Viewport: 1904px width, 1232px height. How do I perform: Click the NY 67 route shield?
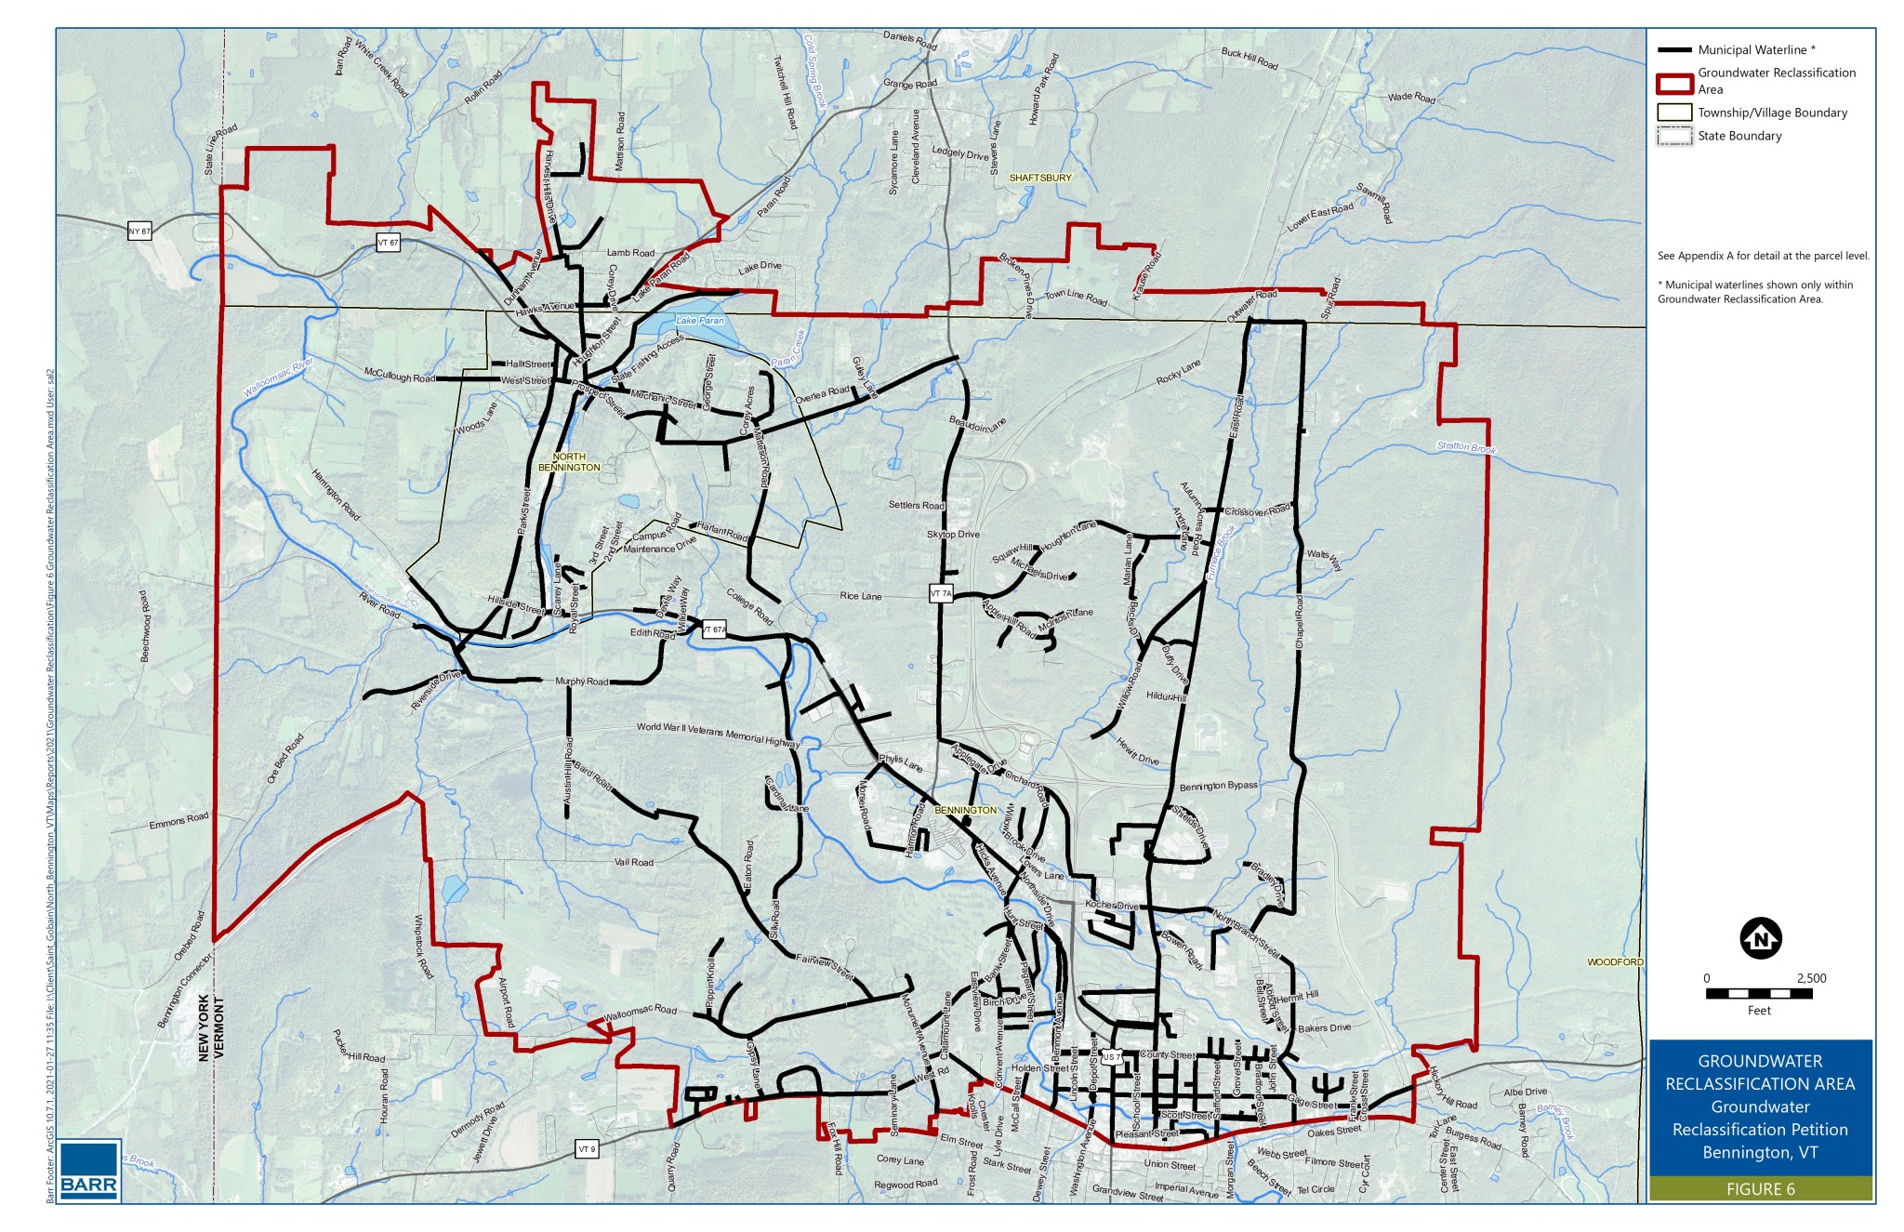pos(139,232)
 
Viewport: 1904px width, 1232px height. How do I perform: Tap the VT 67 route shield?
pos(388,243)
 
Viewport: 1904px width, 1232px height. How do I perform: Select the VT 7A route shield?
pos(941,593)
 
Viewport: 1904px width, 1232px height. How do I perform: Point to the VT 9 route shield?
pos(586,1148)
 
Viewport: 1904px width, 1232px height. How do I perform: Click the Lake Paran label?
pos(699,321)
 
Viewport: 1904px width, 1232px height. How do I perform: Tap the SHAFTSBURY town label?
pos(1040,178)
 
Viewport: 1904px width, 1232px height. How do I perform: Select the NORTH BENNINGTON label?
pos(569,462)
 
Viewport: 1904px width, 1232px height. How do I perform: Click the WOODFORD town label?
pos(1615,962)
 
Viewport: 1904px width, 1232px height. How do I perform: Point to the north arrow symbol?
pos(1760,938)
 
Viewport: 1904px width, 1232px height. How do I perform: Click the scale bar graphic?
pos(1758,994)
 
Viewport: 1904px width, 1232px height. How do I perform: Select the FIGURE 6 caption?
pos(1760,1189)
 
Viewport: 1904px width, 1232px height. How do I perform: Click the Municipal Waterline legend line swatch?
pos(1673,50)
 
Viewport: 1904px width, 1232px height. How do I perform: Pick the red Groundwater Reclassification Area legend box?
pos(1673,82)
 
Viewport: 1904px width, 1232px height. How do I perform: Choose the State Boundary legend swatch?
pos(1673,136)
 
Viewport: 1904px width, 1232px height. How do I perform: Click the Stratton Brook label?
pos(1466,447)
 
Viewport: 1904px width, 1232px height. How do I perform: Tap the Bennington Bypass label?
pos(1218,787)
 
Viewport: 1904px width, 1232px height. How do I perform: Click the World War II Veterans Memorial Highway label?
pos(718,735)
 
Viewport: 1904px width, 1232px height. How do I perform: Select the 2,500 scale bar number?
pos(1811,978)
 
